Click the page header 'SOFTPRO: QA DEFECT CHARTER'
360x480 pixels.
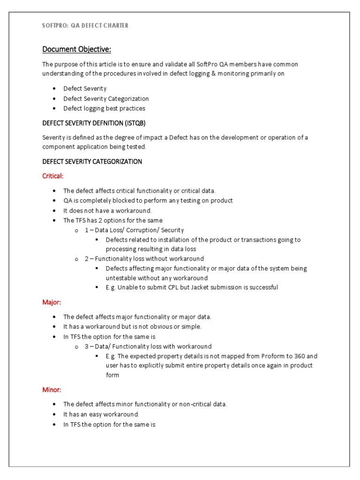click(x=85, y=26)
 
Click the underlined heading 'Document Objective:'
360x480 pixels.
click(x=77, y=49)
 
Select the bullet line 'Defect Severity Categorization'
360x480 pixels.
click(x=106, y=98)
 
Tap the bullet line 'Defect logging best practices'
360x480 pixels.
click(x=104, y=108)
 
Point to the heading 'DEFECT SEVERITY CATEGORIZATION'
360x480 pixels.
click(x=92, y=161)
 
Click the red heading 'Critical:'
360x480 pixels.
click(x=52, y=176)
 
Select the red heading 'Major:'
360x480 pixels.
click(x=52, y=302)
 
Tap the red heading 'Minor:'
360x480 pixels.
click(x=52, y=390)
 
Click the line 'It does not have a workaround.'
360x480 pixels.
click(x=107, y=210)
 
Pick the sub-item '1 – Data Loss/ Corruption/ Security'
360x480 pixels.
click(x=134, y=230)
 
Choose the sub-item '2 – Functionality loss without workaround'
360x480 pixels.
click(x=144, y=259)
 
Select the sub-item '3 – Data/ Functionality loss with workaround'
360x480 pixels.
click(x=148, y=346)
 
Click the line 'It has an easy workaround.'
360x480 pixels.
click(x=101, y=414)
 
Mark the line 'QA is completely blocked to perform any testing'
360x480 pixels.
click(x=148, y=201)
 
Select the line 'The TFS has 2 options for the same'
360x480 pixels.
click(x=113, y=220)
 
